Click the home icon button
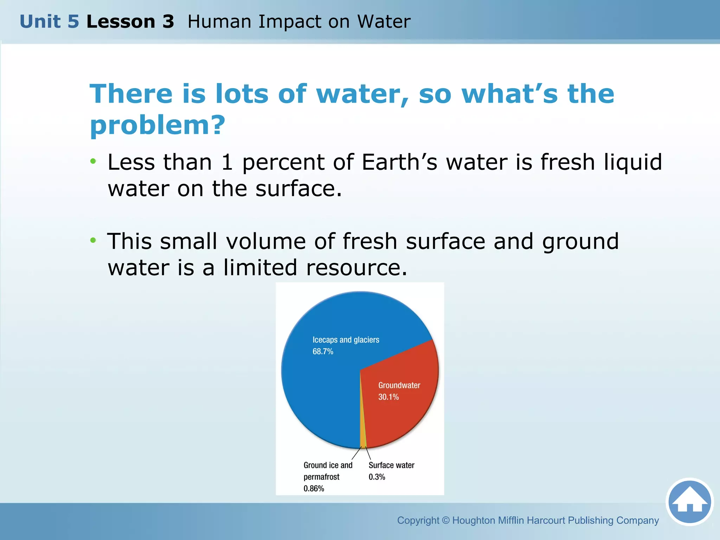click(689, 502)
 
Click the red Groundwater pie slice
click(404, 415)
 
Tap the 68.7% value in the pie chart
click(323, 352)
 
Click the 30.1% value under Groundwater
click(388, 397)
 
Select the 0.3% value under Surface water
click(377, 477)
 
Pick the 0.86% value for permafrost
click(314, 489)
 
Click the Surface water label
click(391, 465)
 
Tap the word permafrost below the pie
click(321, 477)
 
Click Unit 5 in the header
click(49, 21)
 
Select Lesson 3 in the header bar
click(130, 21)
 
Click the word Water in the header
click(384, 21)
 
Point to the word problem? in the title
click(157, 125)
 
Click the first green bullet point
click(93, 161)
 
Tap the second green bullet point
click(93, 240)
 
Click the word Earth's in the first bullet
click(399, 162)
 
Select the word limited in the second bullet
click(260, 268)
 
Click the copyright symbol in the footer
click(446, 520)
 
